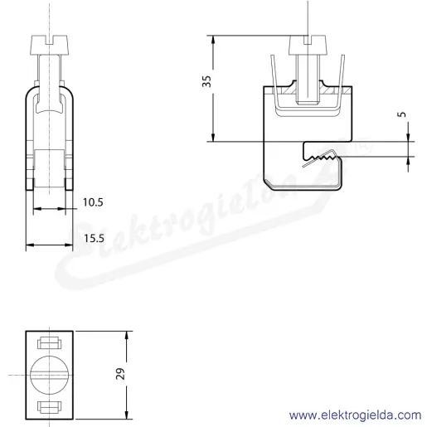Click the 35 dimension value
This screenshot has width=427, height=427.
point(206,81)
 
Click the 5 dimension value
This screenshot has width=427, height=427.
point(403,114)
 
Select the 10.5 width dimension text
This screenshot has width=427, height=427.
point(93,202)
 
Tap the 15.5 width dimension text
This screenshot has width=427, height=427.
point(94,238)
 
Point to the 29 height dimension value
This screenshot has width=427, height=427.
point(120,374)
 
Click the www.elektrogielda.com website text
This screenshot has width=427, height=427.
point(356,415)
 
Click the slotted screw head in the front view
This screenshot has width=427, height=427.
point(50,45)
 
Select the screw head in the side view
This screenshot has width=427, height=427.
point(308,45)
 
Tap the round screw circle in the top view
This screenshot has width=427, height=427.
point(50,375)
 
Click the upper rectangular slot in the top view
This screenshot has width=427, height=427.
point(50,342)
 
